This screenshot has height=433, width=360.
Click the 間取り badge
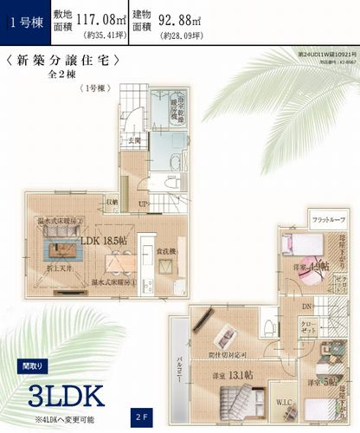(x=29, y=365)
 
